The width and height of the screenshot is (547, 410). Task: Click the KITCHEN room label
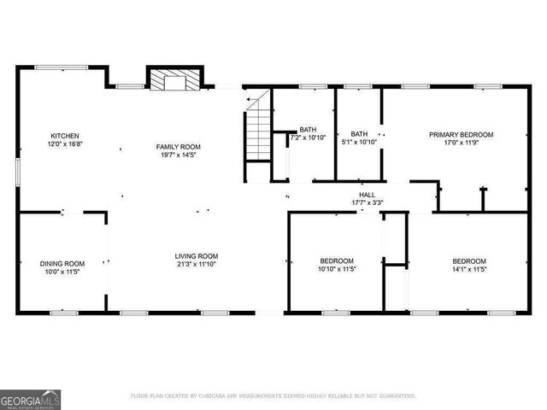[65, 136]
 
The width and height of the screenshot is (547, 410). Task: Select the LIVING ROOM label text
[197, 255]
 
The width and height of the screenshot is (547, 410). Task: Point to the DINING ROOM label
[62, 263]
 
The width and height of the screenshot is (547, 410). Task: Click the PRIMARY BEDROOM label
[461, 134]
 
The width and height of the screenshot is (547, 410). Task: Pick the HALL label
[368, 195]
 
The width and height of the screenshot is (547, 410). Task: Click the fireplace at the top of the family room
[175, 79]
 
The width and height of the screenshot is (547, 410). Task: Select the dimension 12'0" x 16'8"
[65, 144]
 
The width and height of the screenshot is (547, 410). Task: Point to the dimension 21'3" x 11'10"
[197, 264]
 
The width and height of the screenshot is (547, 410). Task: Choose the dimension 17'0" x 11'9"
[461, 143]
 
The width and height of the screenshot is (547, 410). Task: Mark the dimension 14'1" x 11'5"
[469, 269]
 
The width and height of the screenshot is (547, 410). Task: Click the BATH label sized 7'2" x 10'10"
[308, 130]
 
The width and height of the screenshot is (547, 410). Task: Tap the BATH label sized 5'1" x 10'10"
[359, 133]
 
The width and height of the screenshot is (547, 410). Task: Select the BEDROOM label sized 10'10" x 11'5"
[337, 261]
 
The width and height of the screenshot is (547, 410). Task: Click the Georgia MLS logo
[30, 398]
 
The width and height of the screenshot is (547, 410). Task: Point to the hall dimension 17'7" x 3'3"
[368, 203]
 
